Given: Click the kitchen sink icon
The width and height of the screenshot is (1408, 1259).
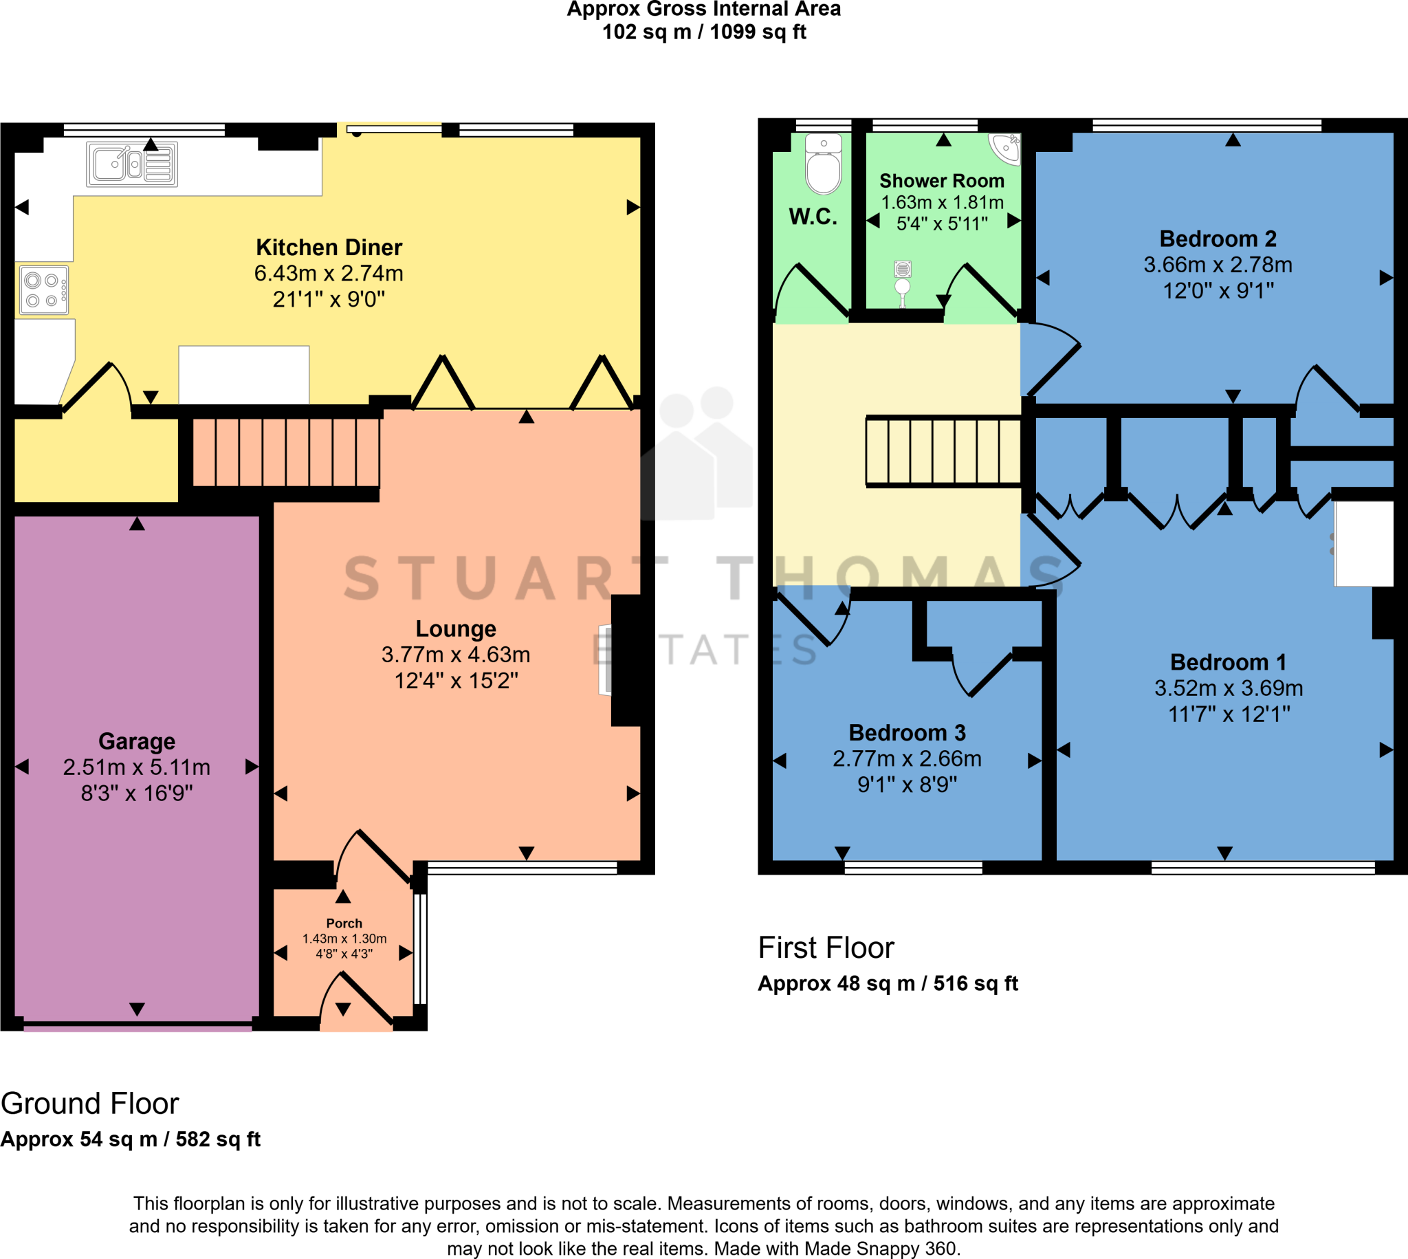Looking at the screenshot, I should (x=131, y=164).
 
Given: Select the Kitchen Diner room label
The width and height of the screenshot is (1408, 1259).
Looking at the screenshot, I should (x=329, y=248).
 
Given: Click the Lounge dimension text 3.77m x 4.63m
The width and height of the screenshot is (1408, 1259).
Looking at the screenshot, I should (x=456, y=655).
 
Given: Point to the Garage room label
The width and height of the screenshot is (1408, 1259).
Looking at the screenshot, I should (x=137, y=741).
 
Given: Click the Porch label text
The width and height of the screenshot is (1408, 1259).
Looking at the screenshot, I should (x=344, y=923).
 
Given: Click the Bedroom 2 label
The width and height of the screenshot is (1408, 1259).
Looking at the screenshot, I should (x=1218, y=239).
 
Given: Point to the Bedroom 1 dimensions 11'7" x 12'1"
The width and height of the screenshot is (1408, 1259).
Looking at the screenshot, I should (x=1229, y=714).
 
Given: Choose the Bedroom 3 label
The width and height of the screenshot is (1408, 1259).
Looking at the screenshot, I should (x=907, y=732).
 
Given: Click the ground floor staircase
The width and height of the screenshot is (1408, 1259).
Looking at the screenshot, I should (x=285, y=452).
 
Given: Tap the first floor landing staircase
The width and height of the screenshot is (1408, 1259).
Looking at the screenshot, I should (x=943, y=451).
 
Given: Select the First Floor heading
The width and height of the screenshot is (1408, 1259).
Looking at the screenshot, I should (x=826, y=948).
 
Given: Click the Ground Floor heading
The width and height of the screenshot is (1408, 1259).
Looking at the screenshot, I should (x=90, y=1104).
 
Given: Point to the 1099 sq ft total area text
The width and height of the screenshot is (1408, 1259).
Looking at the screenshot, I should (x=758, y=32).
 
